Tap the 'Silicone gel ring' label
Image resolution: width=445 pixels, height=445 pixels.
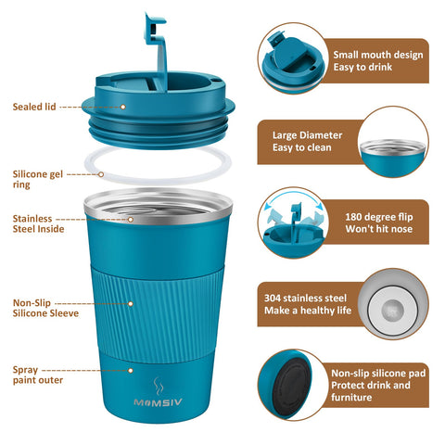point(38,178)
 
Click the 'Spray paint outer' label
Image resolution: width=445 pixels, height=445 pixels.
point(34,375)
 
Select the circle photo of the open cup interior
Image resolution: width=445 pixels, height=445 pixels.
point(393,141)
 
